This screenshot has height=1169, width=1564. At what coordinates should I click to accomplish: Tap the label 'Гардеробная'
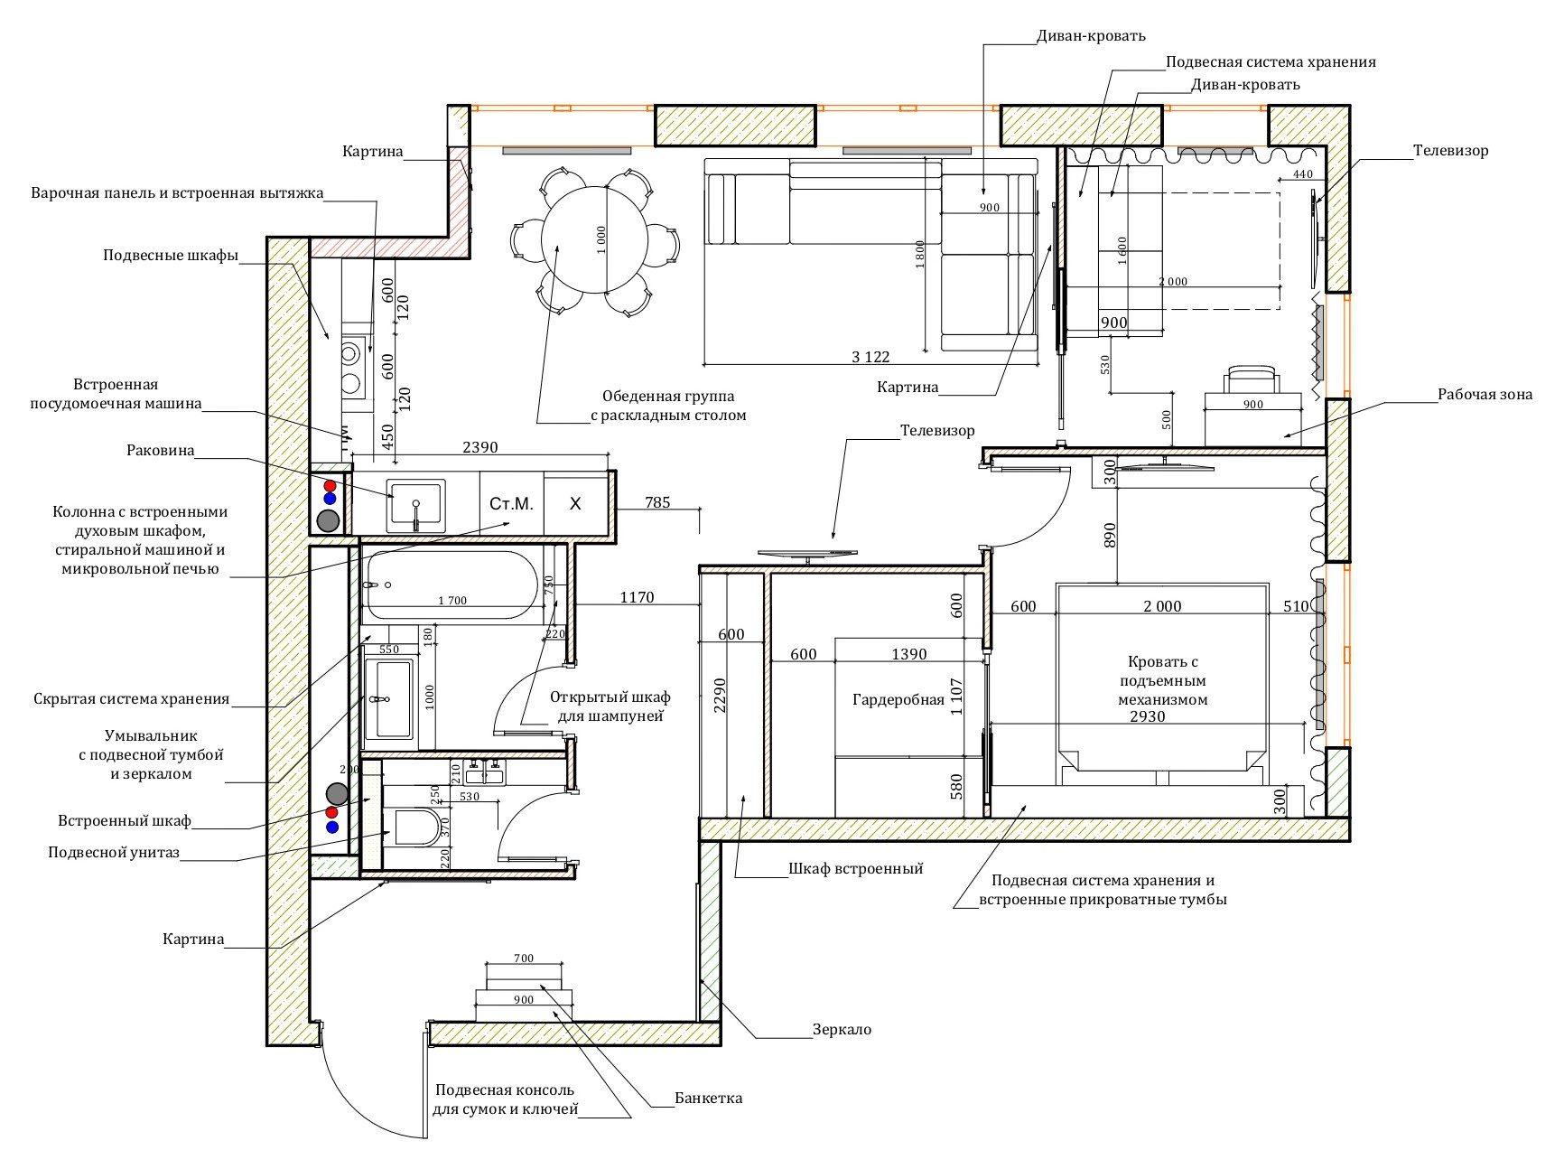coord(898,699)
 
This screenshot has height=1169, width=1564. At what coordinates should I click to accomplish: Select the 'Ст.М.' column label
coord(511,504)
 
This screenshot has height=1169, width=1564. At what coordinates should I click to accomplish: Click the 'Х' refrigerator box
coord(576,504)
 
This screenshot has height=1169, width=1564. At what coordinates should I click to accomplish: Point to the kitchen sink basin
coord(415,504)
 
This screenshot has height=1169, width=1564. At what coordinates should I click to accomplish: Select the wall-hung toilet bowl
coord(416,827)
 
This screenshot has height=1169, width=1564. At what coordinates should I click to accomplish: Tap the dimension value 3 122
coord(870,357)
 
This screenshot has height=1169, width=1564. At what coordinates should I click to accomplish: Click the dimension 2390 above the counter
coord(480,447)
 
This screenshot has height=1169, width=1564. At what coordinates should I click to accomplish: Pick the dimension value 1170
coord(637,597)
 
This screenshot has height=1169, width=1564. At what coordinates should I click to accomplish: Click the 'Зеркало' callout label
coord(842,1029)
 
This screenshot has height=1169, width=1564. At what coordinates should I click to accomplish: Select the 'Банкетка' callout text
coord(709,1098)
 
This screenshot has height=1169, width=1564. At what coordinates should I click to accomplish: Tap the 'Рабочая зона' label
coord(1485,394)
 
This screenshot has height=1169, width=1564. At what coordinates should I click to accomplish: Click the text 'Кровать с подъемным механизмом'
coord(1163,680)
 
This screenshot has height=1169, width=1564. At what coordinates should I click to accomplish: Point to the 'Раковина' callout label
coord(161,450)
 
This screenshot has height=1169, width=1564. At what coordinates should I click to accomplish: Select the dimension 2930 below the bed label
coord(1148,716)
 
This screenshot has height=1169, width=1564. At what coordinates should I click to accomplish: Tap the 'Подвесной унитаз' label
coord(114,852)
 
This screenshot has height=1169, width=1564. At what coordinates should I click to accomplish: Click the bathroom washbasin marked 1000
coord(389,698)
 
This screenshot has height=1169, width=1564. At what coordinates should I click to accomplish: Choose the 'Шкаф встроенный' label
coord(856,868)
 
